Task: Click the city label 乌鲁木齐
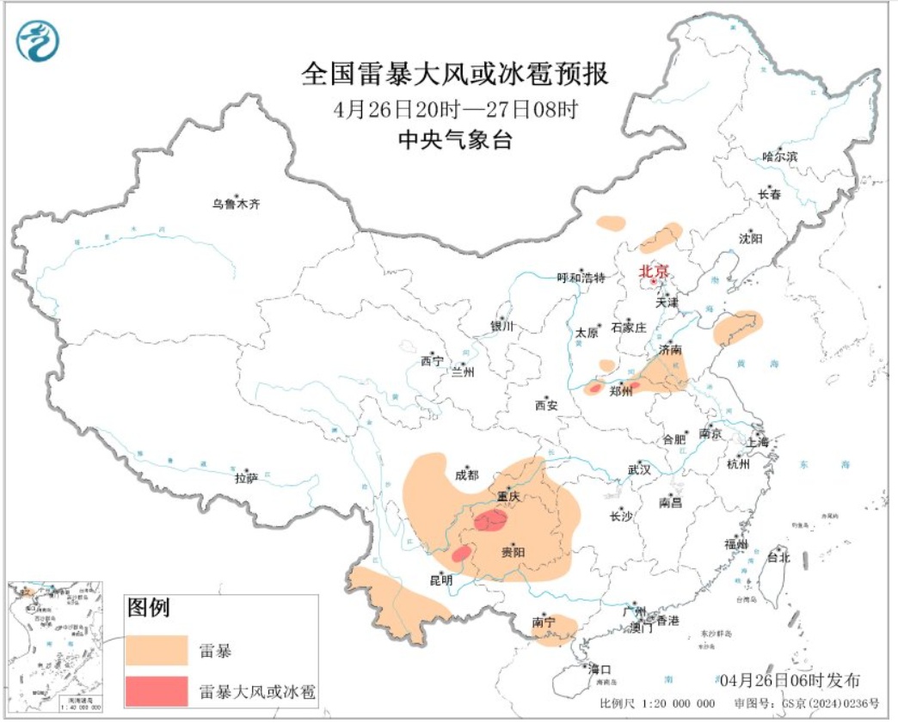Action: click(236, 205)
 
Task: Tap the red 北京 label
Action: click(651, 271)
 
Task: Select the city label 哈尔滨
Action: click(780, 156)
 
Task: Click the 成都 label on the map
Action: click(467, 475)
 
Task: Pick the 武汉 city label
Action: click(639, 470)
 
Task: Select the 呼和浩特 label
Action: click(581, 278)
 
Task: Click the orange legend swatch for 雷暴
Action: click(157, 651)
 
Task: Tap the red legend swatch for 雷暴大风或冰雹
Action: click(157, 690)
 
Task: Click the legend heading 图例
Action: click(148, 609)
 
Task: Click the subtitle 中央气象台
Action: click(455, 141)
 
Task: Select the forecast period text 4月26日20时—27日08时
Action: click(455, 110)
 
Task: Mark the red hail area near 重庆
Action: click(491, 518)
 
